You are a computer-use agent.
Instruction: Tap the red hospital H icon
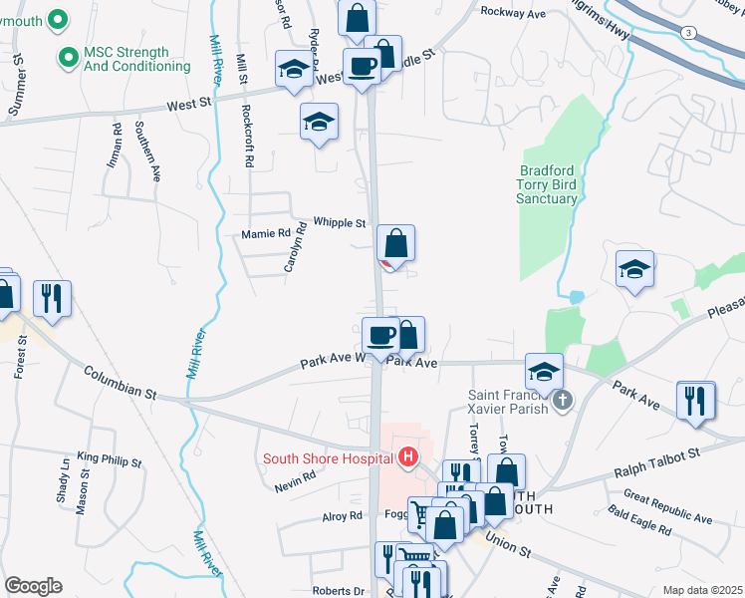click(406, 458)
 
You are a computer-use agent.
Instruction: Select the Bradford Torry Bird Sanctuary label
click(548, 184)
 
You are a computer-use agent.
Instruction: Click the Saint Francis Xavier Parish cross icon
click(563, 401)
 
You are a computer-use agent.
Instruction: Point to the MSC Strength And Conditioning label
click(136, 59)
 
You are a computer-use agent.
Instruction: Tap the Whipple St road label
click(340, 222)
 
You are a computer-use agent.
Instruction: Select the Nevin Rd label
click(297, 475)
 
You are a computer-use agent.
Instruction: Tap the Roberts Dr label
click(338, 590)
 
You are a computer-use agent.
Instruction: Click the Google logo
click(33, 586)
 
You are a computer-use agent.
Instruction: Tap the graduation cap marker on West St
click(293, 70)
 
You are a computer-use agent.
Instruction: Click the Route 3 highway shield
click(687, 33)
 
